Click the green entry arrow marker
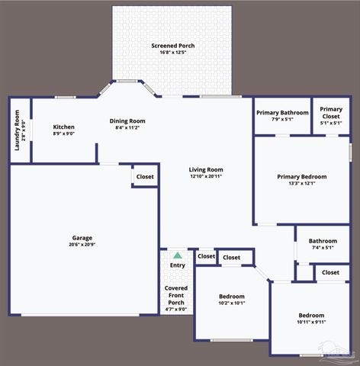(x=178, y=255)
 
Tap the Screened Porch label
(x=172, y=46)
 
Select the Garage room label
(x=82, y=237)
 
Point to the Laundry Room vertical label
(x=18, y=130)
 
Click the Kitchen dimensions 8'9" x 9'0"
(x=63, y=134)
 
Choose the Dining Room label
(x=127, y=120)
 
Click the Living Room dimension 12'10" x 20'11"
(x=206, y=176)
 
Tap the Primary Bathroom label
(x=282, y=113)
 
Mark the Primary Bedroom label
(x=301, y=177)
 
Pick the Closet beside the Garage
(x=145, y=177)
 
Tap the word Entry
(x=177, y=265)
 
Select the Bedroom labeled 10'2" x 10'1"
(x=232, y=296)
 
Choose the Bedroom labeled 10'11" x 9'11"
(x=311, y=315)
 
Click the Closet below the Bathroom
(x=330, y=272)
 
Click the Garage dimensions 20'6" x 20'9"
(x=82, y=244)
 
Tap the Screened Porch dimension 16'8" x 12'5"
(x=172, y=53)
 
